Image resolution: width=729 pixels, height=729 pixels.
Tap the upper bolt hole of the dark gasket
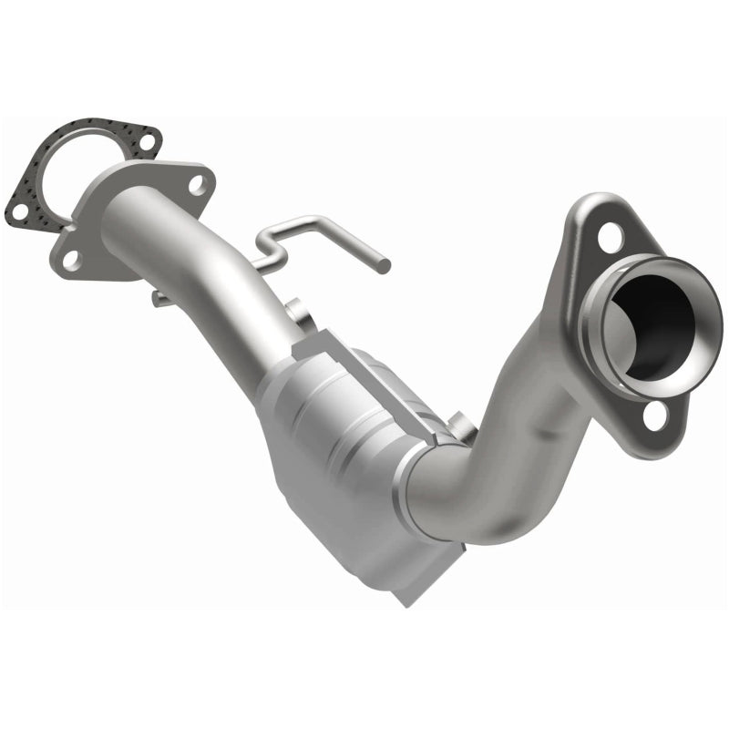pyautogui.click(x=143, y=141)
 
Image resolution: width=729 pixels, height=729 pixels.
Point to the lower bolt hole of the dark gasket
pyautogui.click(x=18, y=212)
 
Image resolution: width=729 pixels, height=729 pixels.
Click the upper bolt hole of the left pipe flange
pyautogui.click(x=196, y=185)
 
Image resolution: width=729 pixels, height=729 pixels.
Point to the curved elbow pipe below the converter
pyautogui.click(x=474, y=492)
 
